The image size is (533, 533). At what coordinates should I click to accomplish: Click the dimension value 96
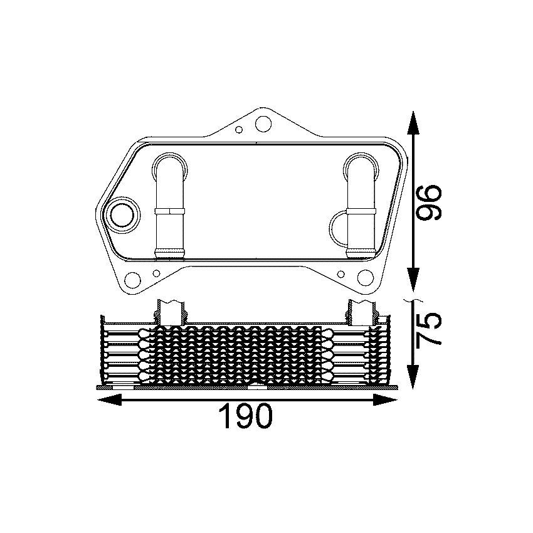pyautogui.click(x=430, y=202)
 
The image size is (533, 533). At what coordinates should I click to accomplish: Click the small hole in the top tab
pyautogui.click(x=238, y=130)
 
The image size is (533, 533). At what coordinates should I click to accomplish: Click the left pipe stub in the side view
pyautogui.click(x=171, y=312)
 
